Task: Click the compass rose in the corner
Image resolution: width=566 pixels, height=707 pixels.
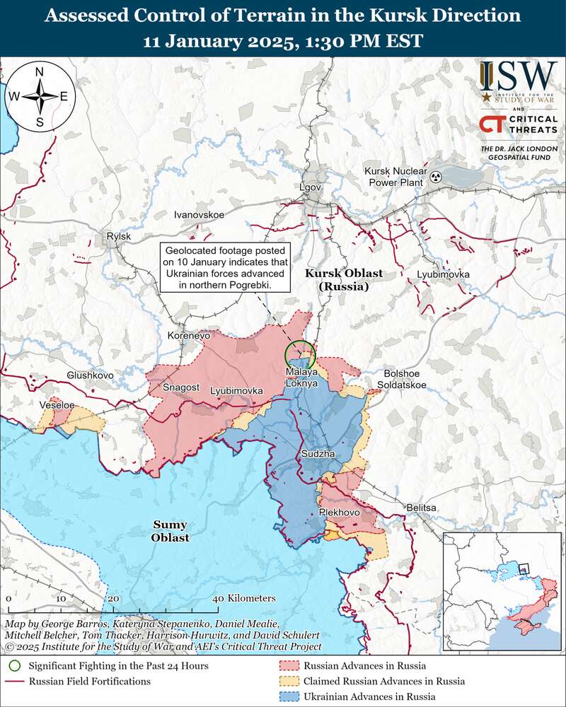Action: [40, 97]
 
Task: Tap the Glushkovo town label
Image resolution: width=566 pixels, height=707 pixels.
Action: [91, 375]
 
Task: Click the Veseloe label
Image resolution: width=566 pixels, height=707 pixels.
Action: [57, 405]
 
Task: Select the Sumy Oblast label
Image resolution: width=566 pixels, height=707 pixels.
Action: [169, 531]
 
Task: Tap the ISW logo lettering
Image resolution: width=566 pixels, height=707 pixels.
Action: [518, 76]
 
